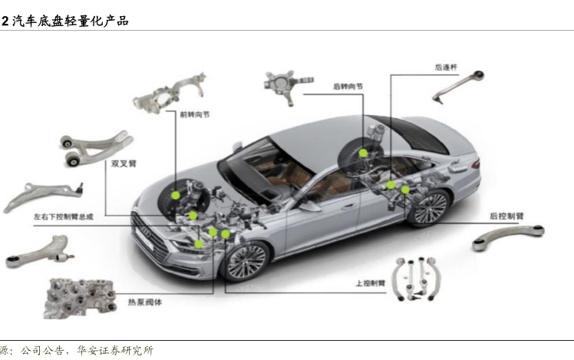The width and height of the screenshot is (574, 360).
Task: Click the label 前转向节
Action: coord(195,114)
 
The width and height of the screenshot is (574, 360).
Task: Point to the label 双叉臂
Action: coord(124,163)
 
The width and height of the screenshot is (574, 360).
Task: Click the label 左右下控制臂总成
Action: coord(63,217)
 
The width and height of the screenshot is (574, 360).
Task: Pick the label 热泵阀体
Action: coord(147,302)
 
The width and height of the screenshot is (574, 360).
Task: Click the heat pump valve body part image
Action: coord(80,296)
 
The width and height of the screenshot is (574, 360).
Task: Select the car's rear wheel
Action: coord(429,208)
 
